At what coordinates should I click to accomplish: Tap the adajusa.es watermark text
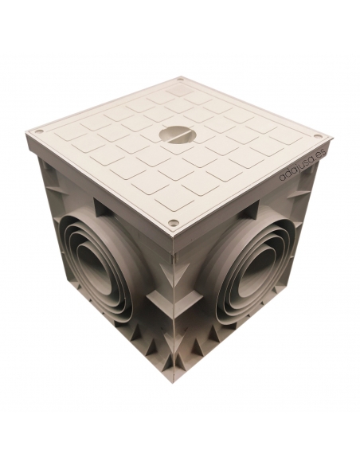click(303, 164)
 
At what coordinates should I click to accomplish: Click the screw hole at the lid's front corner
click(174, 222)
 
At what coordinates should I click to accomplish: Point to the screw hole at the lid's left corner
click(37, 131)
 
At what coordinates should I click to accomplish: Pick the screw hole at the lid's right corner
click(318, 136)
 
